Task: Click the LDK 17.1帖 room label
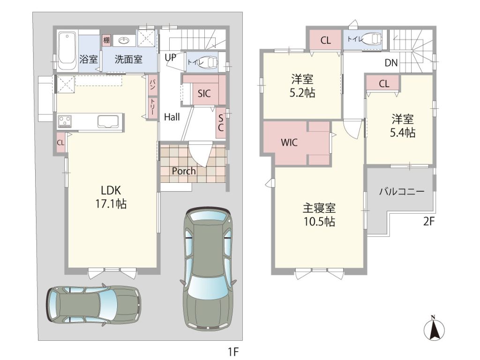[x=111, y=197]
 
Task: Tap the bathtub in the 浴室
[x=67, y=51]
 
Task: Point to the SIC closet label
[x=204, y=93]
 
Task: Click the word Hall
[x=172, y=117]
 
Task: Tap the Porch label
[x=184, y=171]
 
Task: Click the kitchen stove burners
[x=65, y=121]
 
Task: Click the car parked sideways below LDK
[x=93, y=304]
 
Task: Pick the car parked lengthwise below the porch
[x=208, y=269]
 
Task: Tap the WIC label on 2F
[x=289, y=142]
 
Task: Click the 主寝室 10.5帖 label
[x=319, y=215]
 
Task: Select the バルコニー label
[x=402, y=192]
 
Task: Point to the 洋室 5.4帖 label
[x=402, y=126]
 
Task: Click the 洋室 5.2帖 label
[x=302, y=86]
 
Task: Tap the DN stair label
[x=391, y=63]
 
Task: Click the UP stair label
[x=170, y=57]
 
